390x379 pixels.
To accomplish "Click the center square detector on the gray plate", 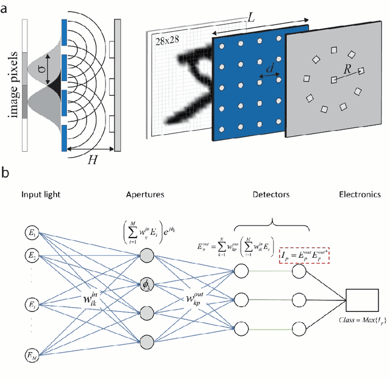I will click(333, 79).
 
